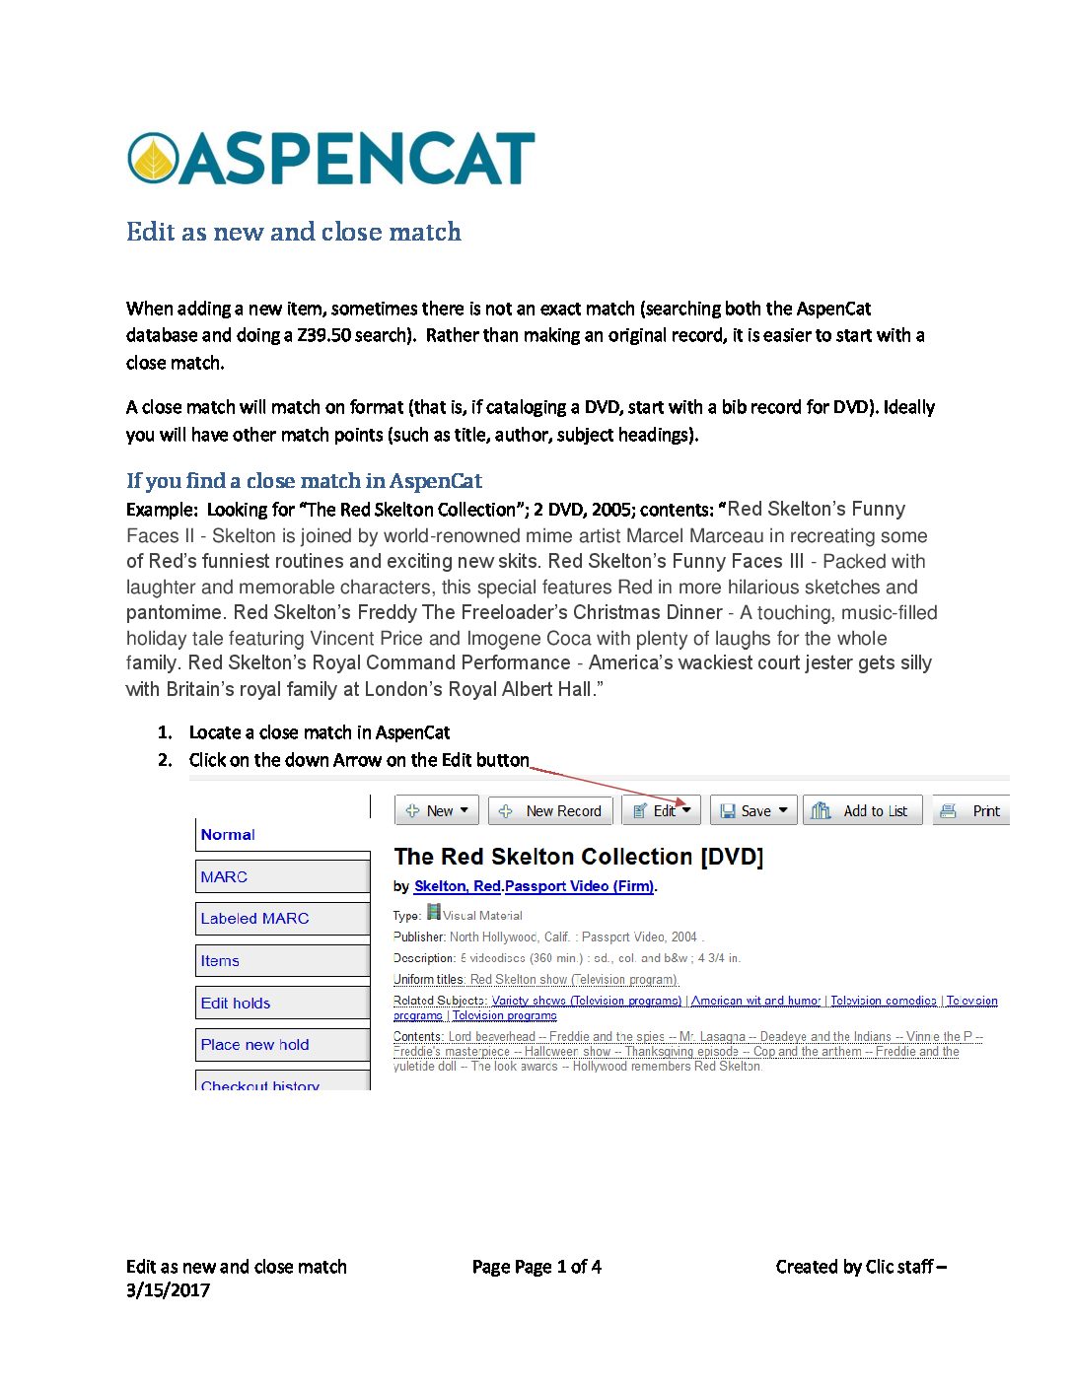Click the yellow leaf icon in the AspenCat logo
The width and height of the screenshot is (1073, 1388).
tap(153, 159)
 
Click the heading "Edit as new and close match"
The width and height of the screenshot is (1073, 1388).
tap(293, 232)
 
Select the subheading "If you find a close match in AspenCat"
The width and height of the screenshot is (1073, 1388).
tap(304, 481)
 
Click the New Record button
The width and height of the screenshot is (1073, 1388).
tap(551, 810)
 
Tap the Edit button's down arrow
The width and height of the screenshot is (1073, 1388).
tap(687, 810)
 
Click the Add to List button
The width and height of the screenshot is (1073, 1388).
tap(862, 810)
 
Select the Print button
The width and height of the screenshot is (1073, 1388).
tap(971, 810)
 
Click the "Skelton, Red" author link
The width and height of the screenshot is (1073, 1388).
tap(458, 885)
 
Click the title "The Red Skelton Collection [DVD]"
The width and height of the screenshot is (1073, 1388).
tap(578, 856)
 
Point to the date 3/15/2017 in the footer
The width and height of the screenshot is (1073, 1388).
tap(168, 1289)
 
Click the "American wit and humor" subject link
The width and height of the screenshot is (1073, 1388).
tap(755, 1000)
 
